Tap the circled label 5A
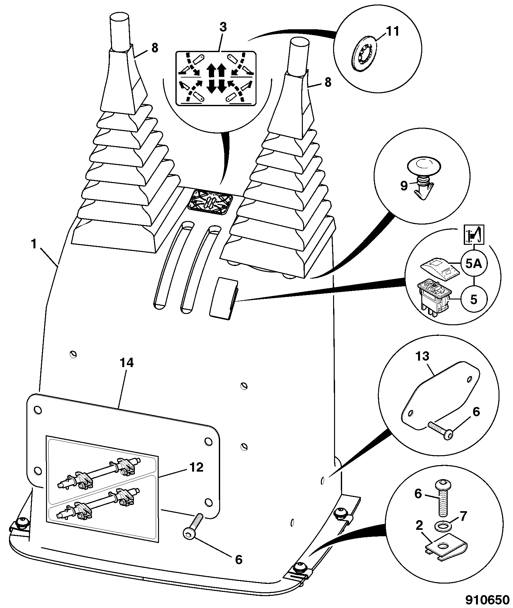click(474, 264)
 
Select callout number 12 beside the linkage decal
click(196, 467)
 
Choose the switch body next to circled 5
click(434, 296)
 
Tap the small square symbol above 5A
click(474, 235)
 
